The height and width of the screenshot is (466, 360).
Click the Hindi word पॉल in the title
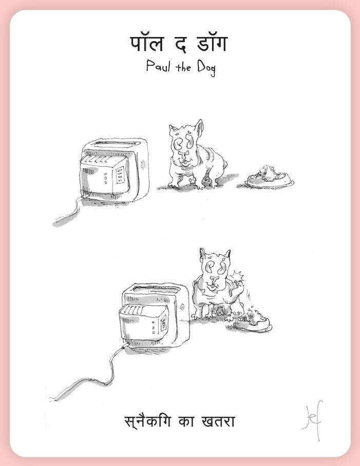147,44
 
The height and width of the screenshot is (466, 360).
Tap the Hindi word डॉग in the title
212,44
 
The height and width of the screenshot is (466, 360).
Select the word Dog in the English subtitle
206,68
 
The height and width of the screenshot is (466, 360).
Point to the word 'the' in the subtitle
183,67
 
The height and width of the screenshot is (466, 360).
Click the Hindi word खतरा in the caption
218,421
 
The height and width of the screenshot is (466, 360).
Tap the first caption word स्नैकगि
148,421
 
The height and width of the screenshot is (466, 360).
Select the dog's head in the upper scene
186,144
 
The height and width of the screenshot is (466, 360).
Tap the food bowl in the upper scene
269,178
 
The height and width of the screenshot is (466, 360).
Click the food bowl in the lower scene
253,322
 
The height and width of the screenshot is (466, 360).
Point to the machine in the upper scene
115,170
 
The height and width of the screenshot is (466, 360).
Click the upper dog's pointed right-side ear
199,126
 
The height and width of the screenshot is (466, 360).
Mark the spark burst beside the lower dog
238,277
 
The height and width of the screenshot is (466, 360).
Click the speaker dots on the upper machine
143,164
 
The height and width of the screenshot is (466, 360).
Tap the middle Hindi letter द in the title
180,44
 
